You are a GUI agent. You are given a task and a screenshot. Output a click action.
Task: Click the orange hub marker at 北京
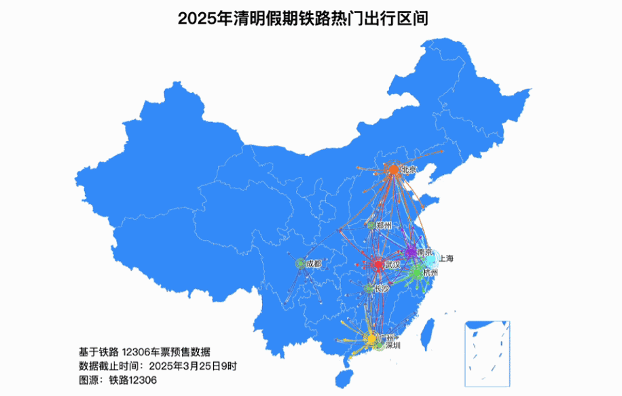394,170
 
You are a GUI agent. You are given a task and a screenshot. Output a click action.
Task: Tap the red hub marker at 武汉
378,264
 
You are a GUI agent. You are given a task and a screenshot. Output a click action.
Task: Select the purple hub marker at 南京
411,252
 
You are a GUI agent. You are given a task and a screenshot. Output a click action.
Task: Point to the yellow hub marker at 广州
371,337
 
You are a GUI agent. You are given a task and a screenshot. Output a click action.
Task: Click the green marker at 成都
300,263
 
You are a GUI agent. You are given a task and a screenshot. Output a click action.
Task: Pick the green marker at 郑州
370,224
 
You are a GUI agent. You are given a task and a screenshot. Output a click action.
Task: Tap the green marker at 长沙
368,288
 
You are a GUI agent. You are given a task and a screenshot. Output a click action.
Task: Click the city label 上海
446,258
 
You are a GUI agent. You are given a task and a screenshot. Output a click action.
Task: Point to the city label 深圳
392,345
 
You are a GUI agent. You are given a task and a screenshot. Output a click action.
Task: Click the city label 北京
409,170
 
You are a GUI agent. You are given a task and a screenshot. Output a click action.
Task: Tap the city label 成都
314,263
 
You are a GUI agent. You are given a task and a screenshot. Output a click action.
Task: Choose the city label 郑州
384,225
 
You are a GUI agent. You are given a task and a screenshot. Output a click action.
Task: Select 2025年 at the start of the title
196,18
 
